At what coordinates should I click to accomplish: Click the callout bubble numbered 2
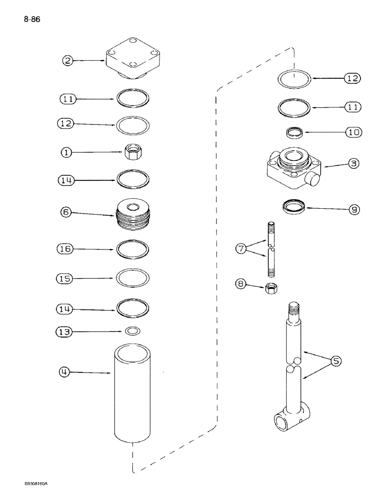[68, 61]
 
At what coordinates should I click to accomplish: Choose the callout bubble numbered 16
[67, 248]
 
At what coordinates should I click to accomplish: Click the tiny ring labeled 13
[133, 331]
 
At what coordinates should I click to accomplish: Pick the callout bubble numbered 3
[353, 163]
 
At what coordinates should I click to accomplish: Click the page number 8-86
[31, 20]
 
